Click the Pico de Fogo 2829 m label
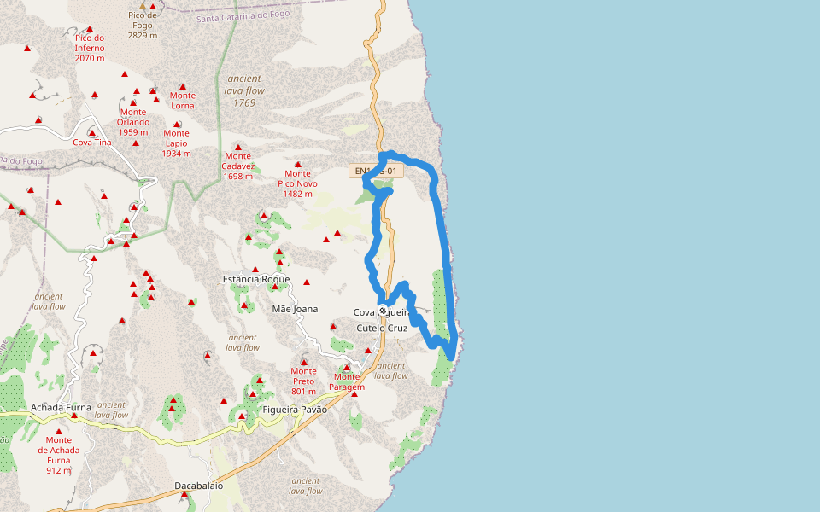point(143,25)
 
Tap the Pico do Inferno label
point(89,48)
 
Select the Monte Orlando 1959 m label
point(133,122)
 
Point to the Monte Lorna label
point(183,100)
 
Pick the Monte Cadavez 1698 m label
point(237,166)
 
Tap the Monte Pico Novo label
point(297,183)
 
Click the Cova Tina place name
point(92,142)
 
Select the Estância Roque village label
point(255,279)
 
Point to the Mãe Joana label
point(295,309)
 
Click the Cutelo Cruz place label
point(382,328)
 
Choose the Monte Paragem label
point(347,381)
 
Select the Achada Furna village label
point(61,408)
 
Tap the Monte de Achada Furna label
point(59,455)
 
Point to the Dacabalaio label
point(198,486)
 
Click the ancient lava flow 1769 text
point(244,90)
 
